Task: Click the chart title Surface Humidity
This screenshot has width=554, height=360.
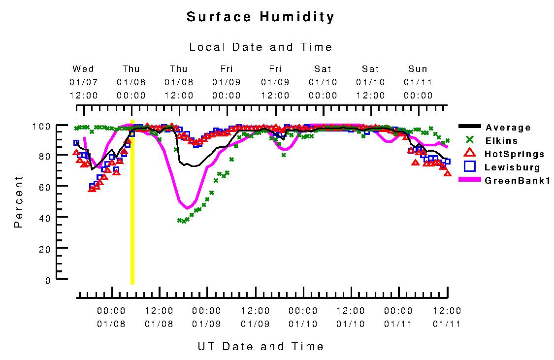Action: pyautogui.click(x=261, y=17)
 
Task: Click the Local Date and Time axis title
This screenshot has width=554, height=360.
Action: pyautogui.click(x=261, y=47)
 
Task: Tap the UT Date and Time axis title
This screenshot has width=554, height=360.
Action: pyautogui.click(x=261, y=346)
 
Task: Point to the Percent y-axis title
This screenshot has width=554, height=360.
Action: pyautogui.click(x=19, y=201)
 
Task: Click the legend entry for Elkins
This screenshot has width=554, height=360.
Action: pyautogui.click(x=501, y=141)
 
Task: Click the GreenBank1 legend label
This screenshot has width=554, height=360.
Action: pyautogui.click(x=517, y=181)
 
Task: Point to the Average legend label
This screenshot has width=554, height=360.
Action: pyautogui.click(x=508, y=128)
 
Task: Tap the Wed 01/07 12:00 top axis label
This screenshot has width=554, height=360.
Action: pyautogui.click(x=83, y=82)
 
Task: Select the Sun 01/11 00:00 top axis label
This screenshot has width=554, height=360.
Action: pyautogui.click(x=418, y=82)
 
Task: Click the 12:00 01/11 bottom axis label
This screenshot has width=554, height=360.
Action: pyautogui.click(x=447, y=317)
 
